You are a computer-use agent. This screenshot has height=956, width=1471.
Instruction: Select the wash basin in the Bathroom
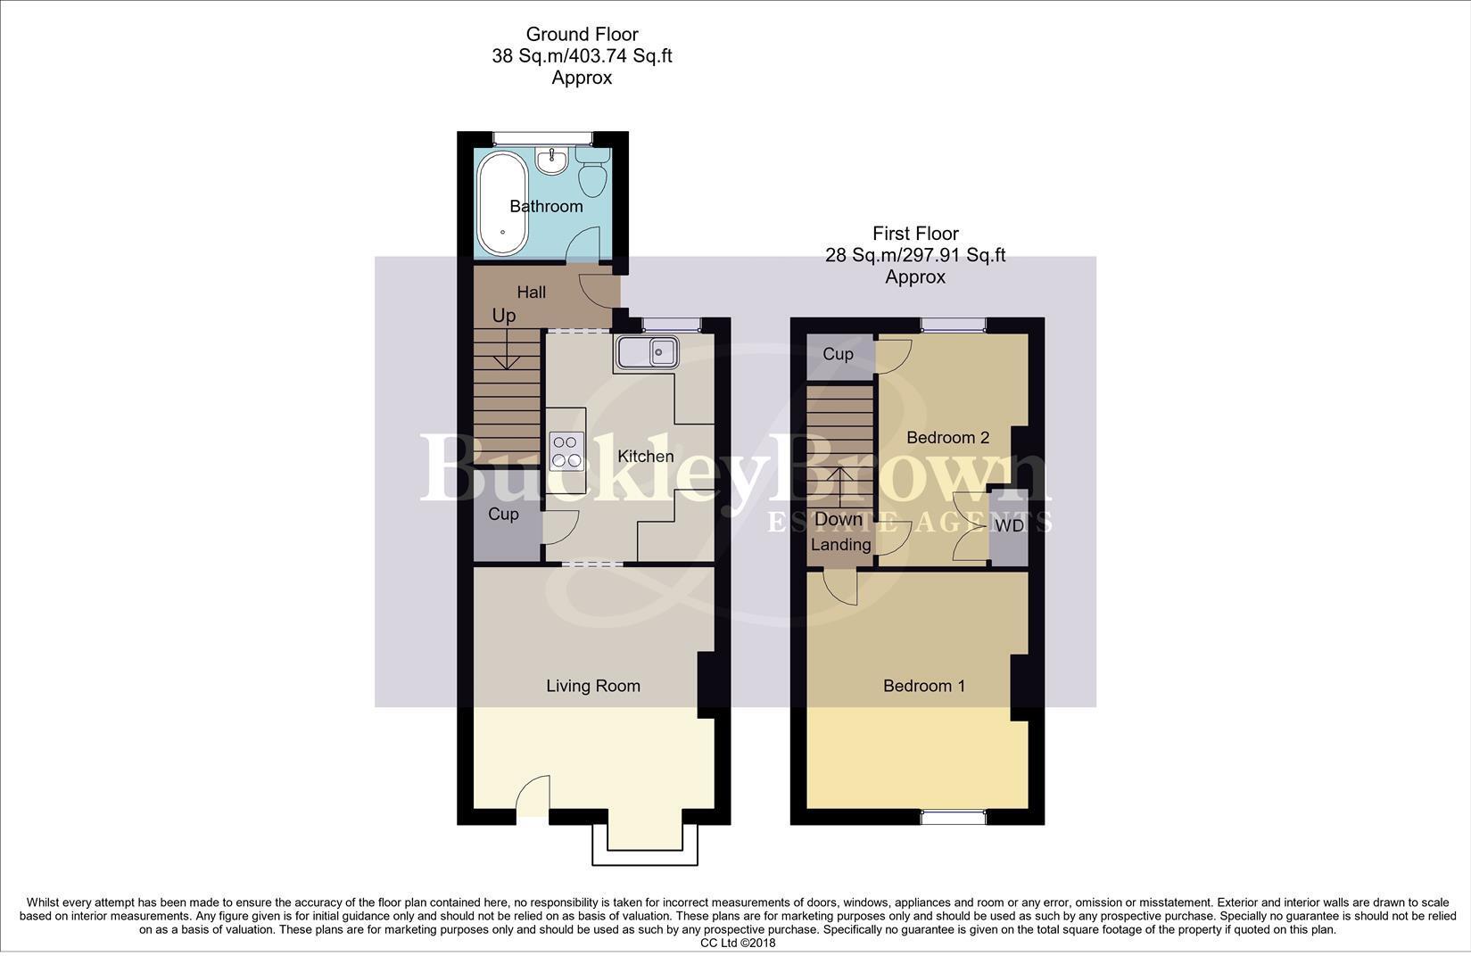[551, 161]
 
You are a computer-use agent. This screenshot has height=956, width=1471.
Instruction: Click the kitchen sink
[646, 352]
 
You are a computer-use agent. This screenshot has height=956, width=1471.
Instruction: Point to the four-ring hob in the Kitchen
[566, 451]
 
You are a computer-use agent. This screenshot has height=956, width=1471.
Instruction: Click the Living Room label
[593, 686]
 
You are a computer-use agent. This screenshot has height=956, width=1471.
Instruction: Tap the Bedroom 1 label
[924, 686]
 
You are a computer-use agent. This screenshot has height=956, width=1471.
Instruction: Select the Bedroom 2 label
[947, 437]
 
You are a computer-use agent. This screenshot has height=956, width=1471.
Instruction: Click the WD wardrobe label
[1010, 526]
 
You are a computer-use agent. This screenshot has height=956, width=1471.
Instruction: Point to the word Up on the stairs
[504, 316]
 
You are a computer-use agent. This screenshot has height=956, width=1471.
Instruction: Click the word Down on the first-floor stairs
[839, 519]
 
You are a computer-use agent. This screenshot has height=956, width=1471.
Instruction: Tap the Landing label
[840, 544]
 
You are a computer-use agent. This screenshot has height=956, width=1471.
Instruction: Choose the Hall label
[532, 292]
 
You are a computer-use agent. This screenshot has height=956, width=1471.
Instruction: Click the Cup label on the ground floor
[503, 515]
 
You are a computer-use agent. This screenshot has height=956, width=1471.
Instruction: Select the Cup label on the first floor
[838, 354]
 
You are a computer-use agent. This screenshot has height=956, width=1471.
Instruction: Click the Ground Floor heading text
[582, 35]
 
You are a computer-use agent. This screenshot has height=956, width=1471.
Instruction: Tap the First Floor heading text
[915, 234]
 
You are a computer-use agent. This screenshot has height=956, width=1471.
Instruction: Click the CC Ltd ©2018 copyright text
[738, 943]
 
